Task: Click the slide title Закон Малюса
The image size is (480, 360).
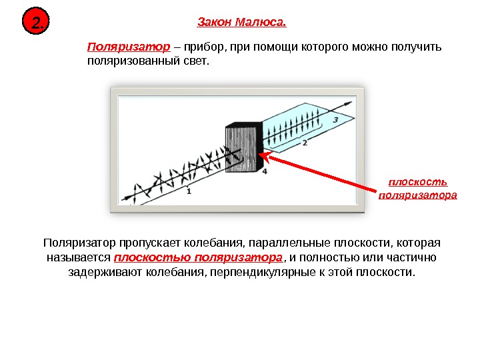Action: pyautogui.click(x=241, y=23)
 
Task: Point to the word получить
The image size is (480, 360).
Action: pyautogui.click(x=411, y=48)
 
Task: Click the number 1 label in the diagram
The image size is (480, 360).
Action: pyautogui.click(x=189, y=191)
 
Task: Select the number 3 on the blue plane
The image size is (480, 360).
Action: pyautogui.click(x=335, y=119)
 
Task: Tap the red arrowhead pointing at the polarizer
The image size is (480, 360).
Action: pyautogui.click(x=264, y=156)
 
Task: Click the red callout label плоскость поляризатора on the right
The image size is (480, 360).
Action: pyautogui.click(x=417, y=189)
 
